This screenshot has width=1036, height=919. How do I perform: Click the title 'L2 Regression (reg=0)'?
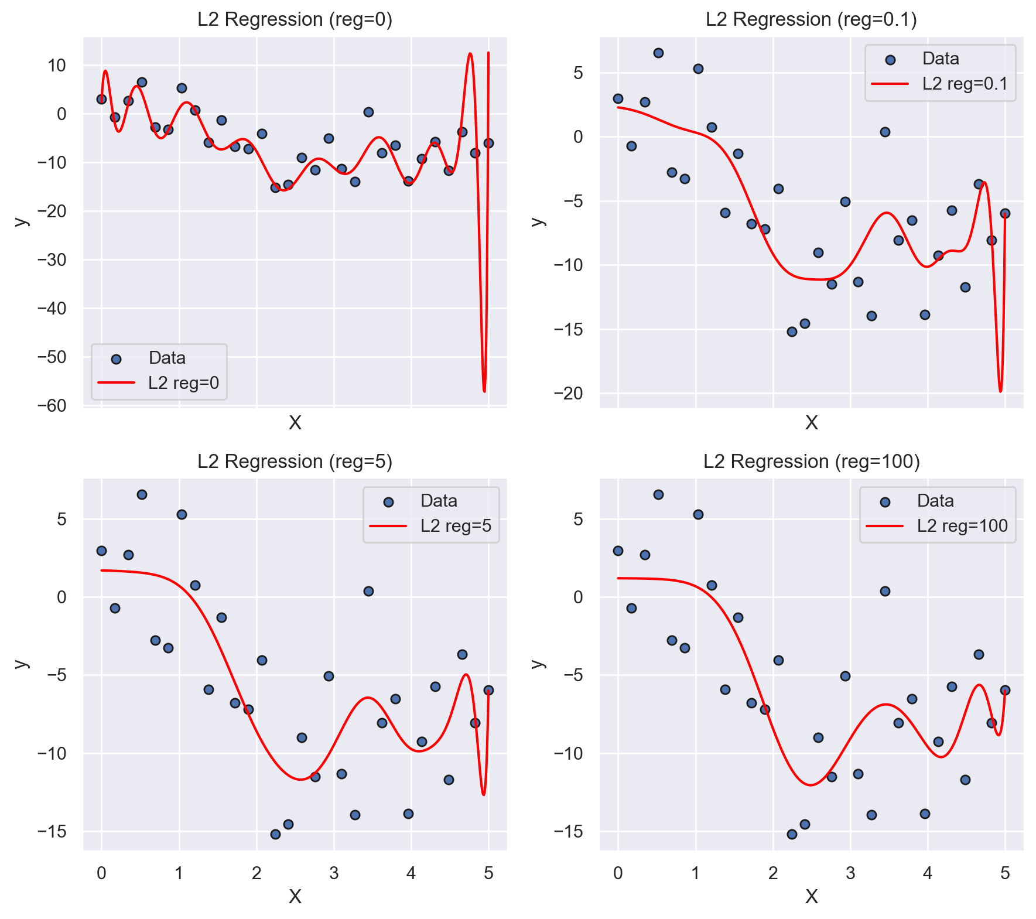click(x=295, y=19)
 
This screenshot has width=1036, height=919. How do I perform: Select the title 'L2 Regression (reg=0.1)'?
click(x=811, y=19)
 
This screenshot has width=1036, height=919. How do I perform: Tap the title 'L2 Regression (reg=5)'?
click(x=295, y=462)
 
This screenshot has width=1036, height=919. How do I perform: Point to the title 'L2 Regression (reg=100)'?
click(x=811, y=462)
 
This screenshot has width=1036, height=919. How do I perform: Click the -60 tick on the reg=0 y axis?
click(x=52, y=405)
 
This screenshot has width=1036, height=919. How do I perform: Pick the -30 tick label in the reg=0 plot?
click(x=52, y=259)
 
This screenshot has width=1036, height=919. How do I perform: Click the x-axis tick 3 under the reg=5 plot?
click(x=334, y=873)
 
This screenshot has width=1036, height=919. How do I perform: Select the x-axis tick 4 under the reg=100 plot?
click(x=928, y=873)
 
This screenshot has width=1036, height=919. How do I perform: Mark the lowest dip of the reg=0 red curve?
click(x=484, y=391)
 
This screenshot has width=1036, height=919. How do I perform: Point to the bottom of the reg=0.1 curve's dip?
click(x=1000, y=391)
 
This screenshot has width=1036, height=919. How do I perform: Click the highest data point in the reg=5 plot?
click(x=142, y=494)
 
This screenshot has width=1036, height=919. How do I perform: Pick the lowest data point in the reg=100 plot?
click(x=792, y=834)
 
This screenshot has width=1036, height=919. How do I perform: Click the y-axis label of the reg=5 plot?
click(x=21, y=664)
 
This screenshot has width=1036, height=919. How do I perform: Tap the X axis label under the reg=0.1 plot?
click(x=811, y=422)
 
